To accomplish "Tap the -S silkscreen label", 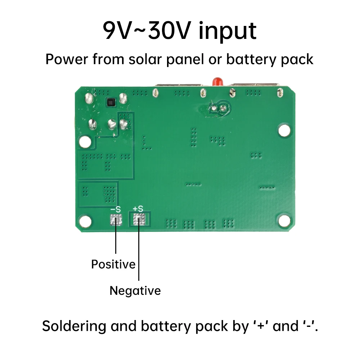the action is coord(116,210).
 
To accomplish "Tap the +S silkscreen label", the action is coord(138,209).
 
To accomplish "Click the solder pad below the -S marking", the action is coord(116,220).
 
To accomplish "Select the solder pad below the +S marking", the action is coord(139,219).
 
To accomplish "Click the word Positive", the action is coord(113,265).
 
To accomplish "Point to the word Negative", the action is coord(135,291).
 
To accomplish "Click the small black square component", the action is coord(111,102).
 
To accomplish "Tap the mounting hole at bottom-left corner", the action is coord(85,221).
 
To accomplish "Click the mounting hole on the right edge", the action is coord(284,130).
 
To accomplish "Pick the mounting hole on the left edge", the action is coord(85,141).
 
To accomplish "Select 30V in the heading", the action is coord(169,31).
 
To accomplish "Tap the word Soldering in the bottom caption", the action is coord(74,327).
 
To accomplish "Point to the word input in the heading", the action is coord(227,32).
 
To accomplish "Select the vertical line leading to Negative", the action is coord(139,253).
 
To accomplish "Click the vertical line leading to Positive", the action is coord(116,239).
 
